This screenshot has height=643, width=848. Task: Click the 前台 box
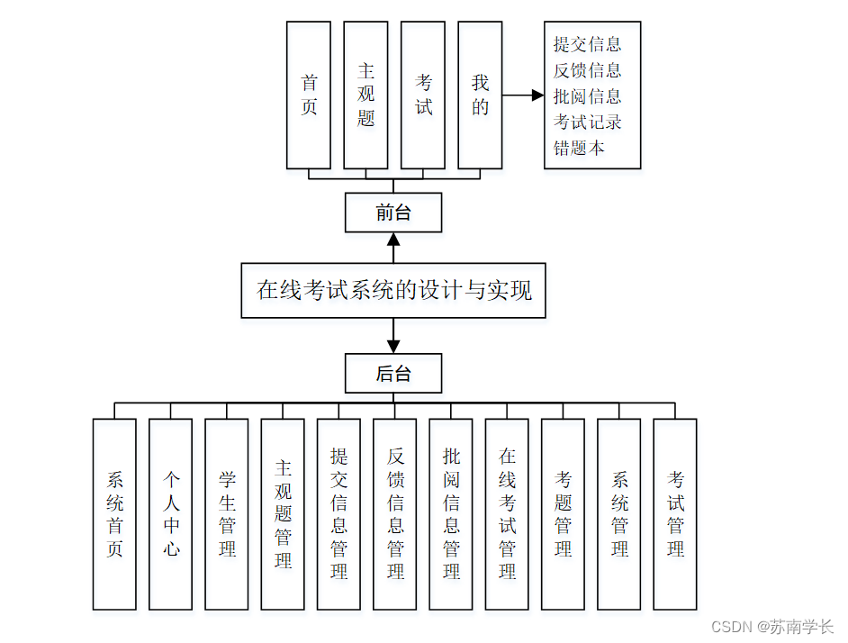coord(393,213)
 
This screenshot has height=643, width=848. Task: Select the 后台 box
coord(393,373)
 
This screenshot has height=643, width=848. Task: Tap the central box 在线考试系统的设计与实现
coord(393,290)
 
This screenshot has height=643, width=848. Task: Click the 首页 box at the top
coord(309,95)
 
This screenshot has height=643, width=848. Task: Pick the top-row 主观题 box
coord(365,95)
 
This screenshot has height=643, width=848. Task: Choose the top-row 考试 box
coord(423,95)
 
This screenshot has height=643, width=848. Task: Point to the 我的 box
coord(480,95)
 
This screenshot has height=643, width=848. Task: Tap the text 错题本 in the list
coord(579,148)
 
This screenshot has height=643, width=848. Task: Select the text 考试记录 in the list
coord(587,122)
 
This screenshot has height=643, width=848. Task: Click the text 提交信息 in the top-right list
coord(587,44)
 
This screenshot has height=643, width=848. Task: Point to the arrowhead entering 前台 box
coord(393,240)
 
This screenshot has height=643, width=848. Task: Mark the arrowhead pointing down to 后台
coord(393,346)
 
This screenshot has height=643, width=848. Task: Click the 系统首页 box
coord(114,513)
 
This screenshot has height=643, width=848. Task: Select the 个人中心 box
coord(171,513)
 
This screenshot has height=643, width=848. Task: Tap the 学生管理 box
coord(227,513)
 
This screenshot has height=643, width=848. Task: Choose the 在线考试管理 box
coord(507,513)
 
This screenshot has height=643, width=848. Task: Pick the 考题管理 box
coord(563,513)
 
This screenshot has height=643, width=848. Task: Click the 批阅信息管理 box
coord(451,513)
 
